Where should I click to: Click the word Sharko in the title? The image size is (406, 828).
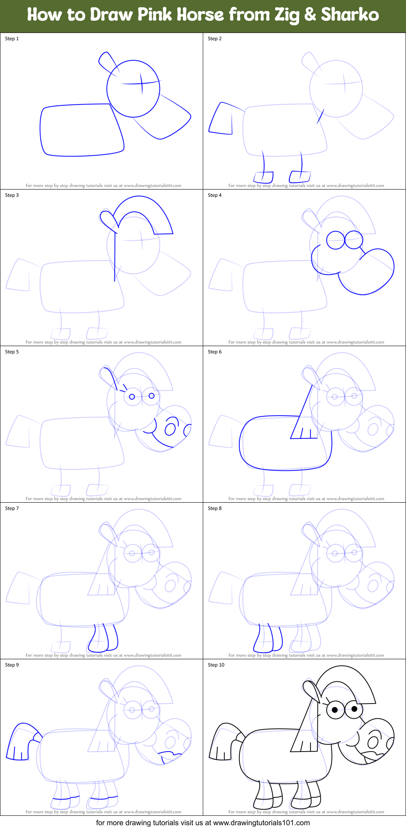(350, 15)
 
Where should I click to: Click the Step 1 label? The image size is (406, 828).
(12, 39)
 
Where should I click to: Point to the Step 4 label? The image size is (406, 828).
(215, 195)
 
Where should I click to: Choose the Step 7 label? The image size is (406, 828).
(12, 508)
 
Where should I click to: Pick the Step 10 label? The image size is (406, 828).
(216, 665)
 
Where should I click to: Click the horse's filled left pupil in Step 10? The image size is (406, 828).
(335, 710)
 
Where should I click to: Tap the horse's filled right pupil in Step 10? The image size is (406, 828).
(354, 709)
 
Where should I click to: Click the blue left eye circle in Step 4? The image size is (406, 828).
(335, 240)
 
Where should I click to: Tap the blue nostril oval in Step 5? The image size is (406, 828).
(170, 429)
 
